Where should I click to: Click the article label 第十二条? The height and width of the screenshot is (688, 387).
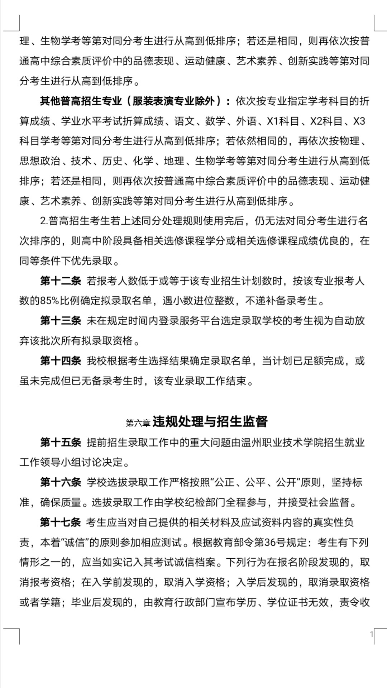pos(61,281)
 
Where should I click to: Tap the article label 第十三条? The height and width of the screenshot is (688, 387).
pos(61,321)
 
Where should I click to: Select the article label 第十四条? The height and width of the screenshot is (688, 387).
pos(61,361)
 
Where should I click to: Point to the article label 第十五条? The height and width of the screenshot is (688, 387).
pos(61,443)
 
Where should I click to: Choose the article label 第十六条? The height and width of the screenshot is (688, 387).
pos(61,482)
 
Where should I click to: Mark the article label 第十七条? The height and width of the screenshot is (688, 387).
pos(61,522)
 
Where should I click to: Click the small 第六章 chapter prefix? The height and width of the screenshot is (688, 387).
pos(138,423)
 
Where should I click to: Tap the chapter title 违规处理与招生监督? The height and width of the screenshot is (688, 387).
pos(210,422)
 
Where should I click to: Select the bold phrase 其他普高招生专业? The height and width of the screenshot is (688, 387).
pos(81,101)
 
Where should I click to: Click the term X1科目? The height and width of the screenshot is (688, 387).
pos(283,121)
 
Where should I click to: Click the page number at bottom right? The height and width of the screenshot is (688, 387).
pos(372,634)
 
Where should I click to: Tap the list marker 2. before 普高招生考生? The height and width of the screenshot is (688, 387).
pos(44,221)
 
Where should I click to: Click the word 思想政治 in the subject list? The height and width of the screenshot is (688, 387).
pos(40,161)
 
